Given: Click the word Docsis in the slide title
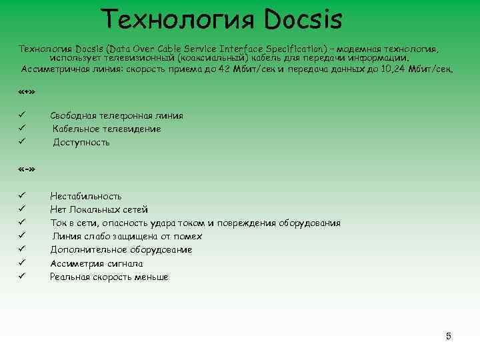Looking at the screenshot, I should coord(303,19).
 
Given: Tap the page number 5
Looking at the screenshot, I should coord(449,335).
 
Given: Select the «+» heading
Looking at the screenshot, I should coord(27,91).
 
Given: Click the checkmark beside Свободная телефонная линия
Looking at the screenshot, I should coord(21,115).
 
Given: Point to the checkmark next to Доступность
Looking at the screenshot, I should coord(21,142).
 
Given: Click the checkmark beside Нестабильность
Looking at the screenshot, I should coord(21,196).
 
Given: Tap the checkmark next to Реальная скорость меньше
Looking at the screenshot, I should coord(21,277).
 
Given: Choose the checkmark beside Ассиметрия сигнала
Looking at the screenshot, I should coord(21,263).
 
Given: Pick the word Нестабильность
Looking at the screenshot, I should coord(86,197).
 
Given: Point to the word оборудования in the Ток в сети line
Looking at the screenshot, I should coord(309,223).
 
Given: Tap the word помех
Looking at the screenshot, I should coord(189,237).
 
